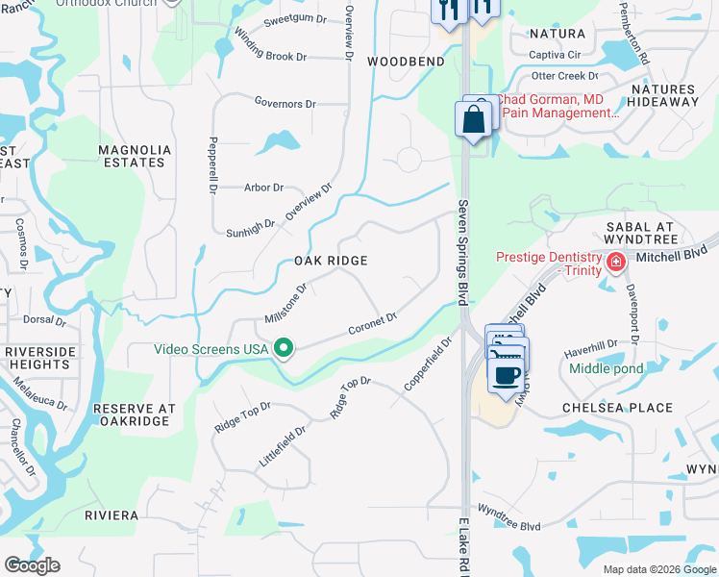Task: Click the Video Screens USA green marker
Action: pos(284,348)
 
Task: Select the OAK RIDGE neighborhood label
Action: pos(331,261)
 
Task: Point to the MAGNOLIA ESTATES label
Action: pos(135,156)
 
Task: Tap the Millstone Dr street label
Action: pos(285,303)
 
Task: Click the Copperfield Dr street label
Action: pos(429,363)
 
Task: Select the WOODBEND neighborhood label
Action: pos(406,62)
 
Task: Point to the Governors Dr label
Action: pos(285,103)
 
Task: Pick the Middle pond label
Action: pos(606,368)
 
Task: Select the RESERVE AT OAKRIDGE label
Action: pos(135,415)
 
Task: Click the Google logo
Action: pos(32,565)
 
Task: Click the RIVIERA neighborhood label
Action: pos(112,515)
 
